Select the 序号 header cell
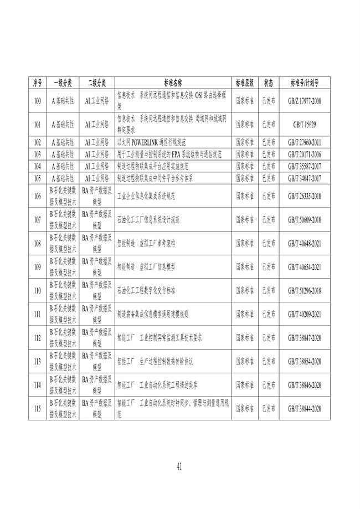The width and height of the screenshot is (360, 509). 38,83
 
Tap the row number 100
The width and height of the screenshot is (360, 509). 38,101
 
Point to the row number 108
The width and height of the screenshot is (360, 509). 38,243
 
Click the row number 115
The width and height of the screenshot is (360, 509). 38,409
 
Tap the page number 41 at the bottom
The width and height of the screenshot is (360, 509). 179,467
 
